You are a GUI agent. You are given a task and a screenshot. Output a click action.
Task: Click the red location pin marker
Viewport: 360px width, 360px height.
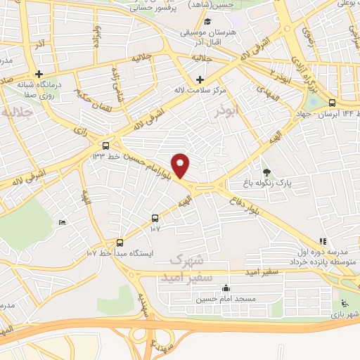(x=181, y=165)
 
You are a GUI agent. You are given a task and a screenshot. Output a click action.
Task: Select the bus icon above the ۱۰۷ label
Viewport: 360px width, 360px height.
(x=155, y=218)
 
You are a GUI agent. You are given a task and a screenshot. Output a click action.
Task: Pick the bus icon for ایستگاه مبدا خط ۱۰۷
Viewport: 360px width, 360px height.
(x=119, y=240)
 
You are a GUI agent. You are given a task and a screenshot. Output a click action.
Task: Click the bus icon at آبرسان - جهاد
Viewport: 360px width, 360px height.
(x=332, y=102)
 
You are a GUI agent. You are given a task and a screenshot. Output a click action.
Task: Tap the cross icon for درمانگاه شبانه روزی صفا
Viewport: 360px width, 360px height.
(x=40, y=74)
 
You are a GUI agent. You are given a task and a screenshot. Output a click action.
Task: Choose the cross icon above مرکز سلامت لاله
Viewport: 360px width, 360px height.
(x=200, y=79)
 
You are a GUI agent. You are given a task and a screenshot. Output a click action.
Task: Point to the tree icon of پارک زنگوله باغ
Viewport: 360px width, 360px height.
(x=266, y=172)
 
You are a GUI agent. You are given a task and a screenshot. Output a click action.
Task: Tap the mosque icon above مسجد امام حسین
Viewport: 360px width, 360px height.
(x=225, y=287)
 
